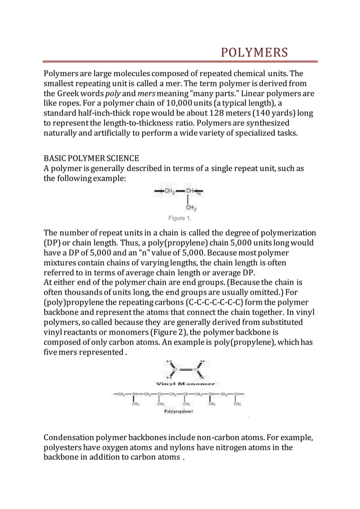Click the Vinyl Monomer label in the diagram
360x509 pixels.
[x=179, y=384]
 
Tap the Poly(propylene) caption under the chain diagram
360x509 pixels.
[x=179, y=411]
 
